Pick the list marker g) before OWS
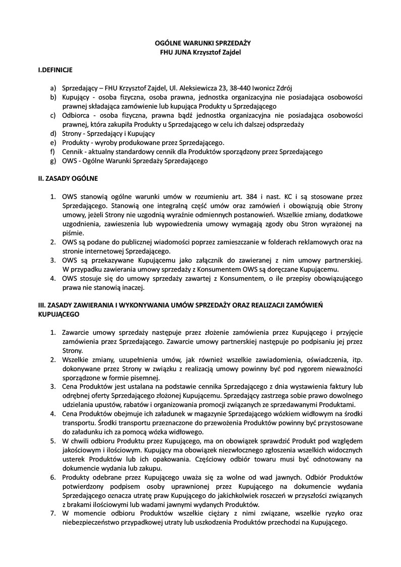53,161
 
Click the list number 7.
53,513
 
